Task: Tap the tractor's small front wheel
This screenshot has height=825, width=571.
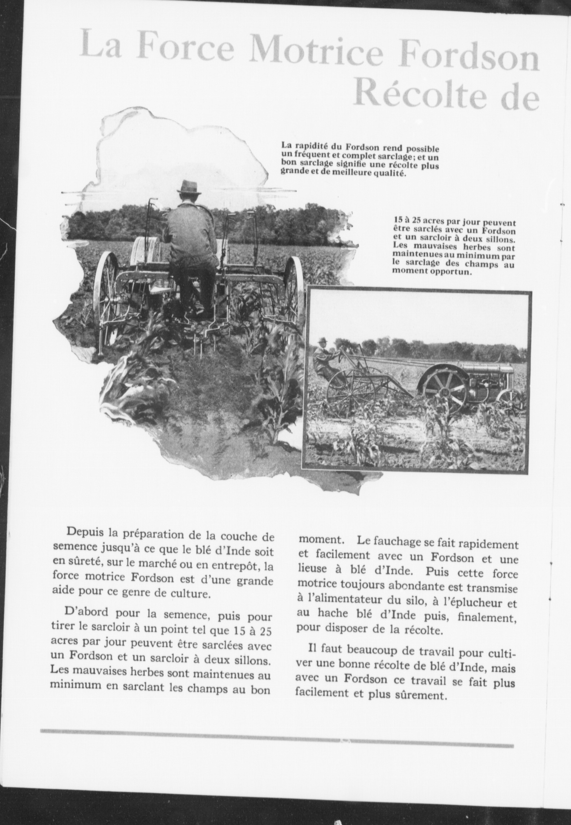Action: pyautogui.click(x=510, y=400)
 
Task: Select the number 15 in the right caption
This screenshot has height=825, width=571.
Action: pyautogui.click(x=399, y=221)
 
